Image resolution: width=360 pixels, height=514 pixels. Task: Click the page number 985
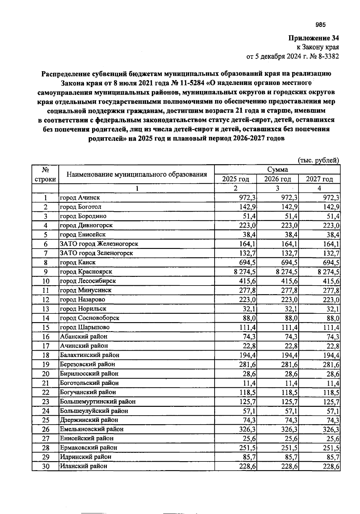(x=320, y=25)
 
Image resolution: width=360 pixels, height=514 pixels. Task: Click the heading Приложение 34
(x=313, y=38)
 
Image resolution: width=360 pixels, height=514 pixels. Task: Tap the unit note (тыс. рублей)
(x=318, y=160)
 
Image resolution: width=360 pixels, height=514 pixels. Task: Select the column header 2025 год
(x=235, y=179)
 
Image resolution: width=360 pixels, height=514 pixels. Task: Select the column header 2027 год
(x=319, y=179)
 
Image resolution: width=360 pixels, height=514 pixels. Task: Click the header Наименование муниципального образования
(x=136, y=174)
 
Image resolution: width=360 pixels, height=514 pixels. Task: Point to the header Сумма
(x=277, y=170)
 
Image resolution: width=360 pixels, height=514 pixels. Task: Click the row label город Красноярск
(x=86, y=271)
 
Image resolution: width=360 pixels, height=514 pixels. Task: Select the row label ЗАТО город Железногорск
(x=99, y=244)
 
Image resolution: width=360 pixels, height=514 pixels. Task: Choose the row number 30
(x=45, y=466)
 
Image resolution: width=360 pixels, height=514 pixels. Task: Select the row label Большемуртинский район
(x=97, y=401)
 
